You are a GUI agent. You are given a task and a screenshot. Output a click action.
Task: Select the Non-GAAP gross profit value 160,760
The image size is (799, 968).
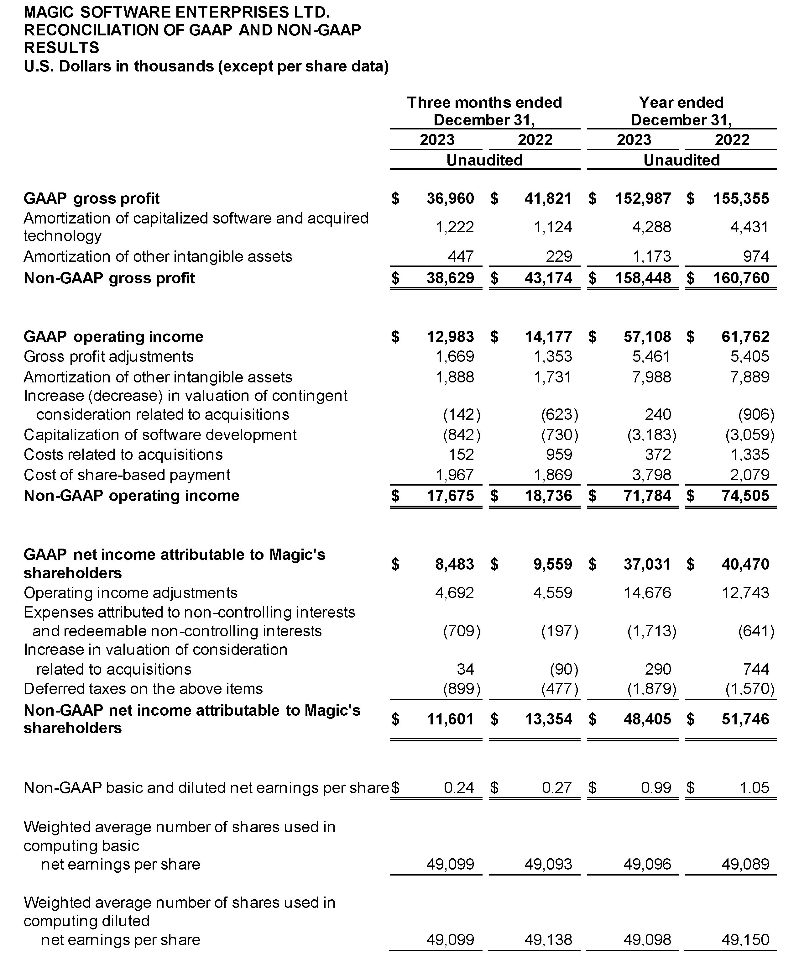[x=741, y=278]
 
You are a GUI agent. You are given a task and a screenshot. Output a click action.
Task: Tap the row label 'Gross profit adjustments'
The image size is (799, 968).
[x=109, y=356]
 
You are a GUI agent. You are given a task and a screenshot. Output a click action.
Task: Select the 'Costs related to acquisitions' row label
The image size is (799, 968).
[x=123, y=455]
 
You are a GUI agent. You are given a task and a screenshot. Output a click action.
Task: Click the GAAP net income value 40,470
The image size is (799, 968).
[x=745, y=564]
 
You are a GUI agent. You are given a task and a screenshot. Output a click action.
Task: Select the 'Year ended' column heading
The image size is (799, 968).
[x=681, y=102]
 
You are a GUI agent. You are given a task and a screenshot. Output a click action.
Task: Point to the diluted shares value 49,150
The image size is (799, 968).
[x=745, y=939]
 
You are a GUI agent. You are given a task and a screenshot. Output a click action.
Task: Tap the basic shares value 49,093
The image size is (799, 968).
[x=548, y=864]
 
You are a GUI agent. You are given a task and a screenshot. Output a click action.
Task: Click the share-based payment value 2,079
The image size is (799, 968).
[x=750, y=475]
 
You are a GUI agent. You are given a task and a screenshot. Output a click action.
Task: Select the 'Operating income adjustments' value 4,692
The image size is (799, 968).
[x=454, y=593]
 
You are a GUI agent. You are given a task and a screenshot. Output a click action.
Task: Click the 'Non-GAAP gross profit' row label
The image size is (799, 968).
[x=110, y=278]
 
